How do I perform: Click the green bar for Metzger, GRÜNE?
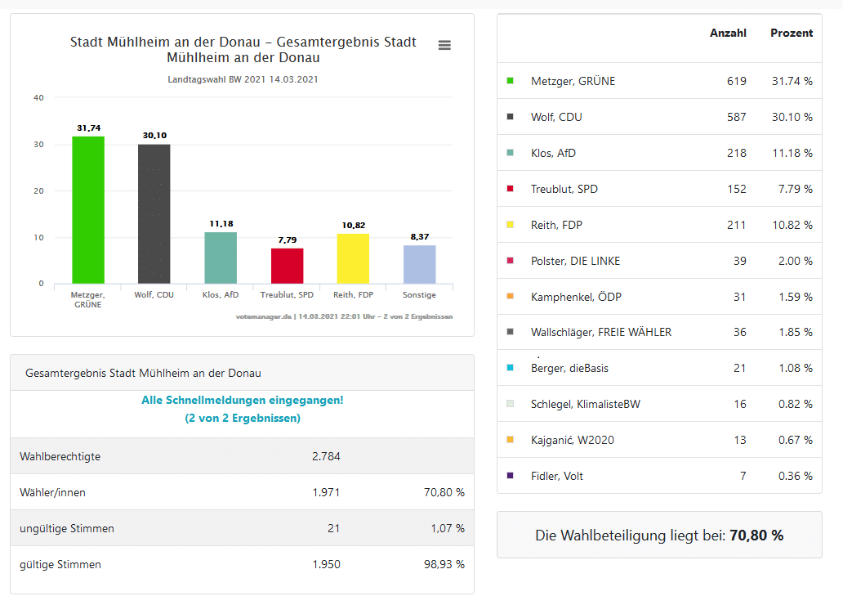[x=88, y=210]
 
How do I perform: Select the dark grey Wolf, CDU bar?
[x=154, y=214]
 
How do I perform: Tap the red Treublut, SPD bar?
[x=287, y=266]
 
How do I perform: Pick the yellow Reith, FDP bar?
[x=353, y=258]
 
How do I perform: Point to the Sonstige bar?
[x=419, y=264]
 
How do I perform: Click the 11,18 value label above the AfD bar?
[x=221, y=224]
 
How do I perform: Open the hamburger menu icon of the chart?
[x=444, y=45]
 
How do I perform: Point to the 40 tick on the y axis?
[x=38, y=98]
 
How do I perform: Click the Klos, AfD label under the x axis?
[x=221, y=294]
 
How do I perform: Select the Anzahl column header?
[x=728, y=34]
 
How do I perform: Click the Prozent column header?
[x=792, y=34]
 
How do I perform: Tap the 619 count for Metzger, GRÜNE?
[x=736, y=81]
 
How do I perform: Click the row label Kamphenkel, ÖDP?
[x=576, y=297]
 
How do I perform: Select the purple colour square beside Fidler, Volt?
[x=511, y=476]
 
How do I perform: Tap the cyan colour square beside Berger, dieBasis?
[x=511, y=368]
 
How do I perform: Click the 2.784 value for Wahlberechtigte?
[x=326, y=456]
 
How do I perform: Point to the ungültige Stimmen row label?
[x=67, y=528]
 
